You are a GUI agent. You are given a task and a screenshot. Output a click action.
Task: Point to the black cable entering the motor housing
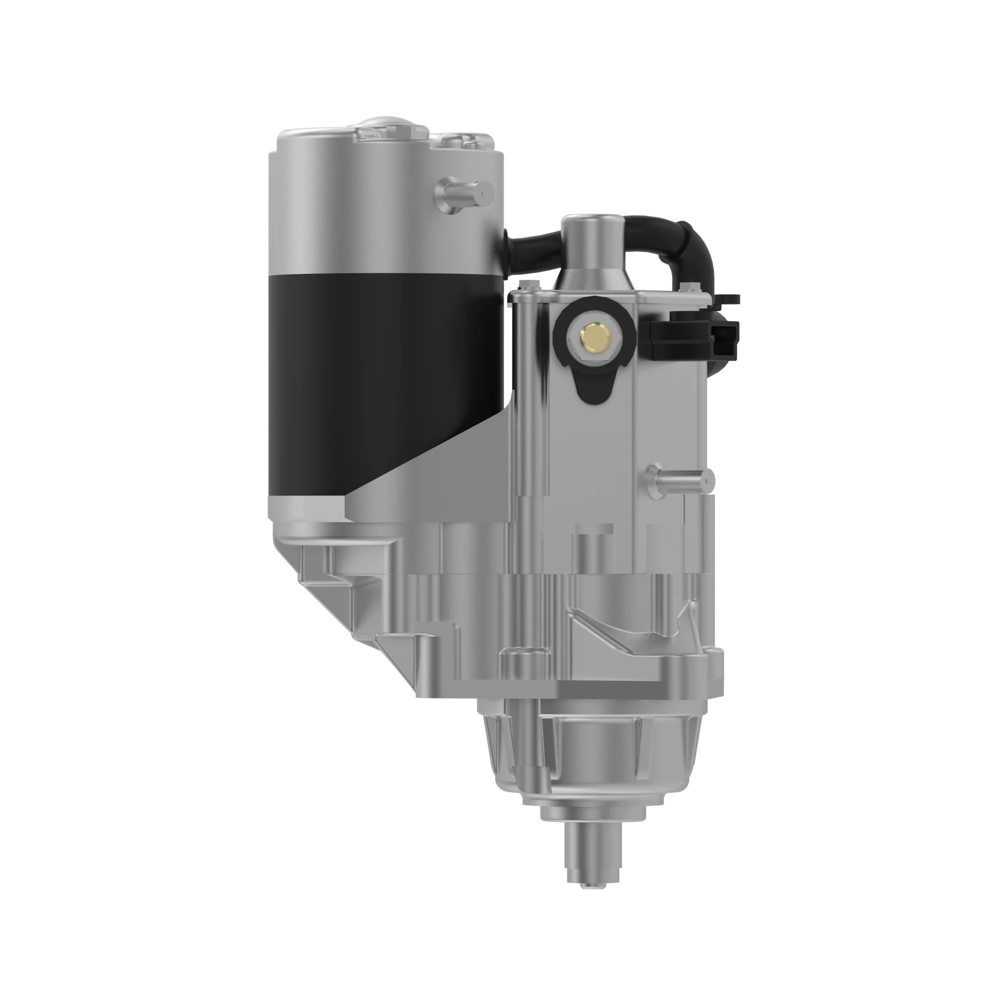526,245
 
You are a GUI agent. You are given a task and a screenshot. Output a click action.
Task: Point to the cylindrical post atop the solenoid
592,245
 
